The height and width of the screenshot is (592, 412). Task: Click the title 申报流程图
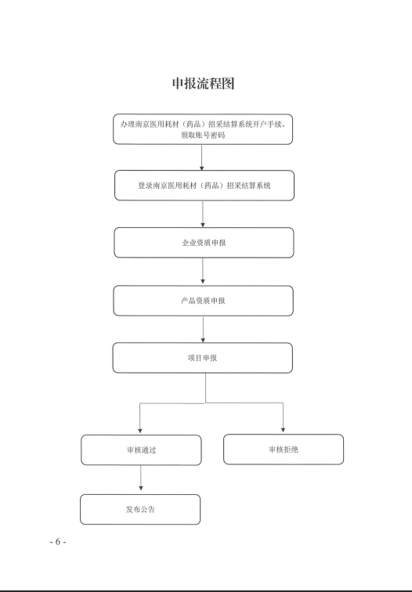tap(203, 84)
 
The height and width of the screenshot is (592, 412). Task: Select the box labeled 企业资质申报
tap(204, 243)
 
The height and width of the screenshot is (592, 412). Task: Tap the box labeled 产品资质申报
tap(203, 301)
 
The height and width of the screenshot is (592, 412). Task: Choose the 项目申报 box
tap(202, 358)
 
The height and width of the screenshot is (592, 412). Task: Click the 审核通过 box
tap(141, 450)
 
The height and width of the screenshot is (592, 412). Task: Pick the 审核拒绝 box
tap(284, 449)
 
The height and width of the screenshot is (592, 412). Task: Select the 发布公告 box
tap(140, 509)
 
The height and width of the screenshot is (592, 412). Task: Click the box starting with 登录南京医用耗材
tap(204, 186)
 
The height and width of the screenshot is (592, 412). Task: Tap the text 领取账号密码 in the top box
tap(203, 135)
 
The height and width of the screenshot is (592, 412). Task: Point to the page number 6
tap(58, 542)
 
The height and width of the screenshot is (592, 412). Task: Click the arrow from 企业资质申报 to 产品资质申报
tap(203, 271)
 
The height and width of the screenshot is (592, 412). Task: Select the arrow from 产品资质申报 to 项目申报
tap(203, 330)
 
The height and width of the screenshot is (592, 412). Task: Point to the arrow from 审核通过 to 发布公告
tap(141, 478)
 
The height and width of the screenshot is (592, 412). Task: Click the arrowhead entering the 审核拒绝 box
tap(283, 430)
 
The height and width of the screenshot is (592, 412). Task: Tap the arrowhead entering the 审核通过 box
tap(140, 431)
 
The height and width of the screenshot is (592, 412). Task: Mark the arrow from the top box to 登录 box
tap(201, 157)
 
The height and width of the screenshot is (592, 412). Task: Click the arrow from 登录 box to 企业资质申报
tap(203, 214)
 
